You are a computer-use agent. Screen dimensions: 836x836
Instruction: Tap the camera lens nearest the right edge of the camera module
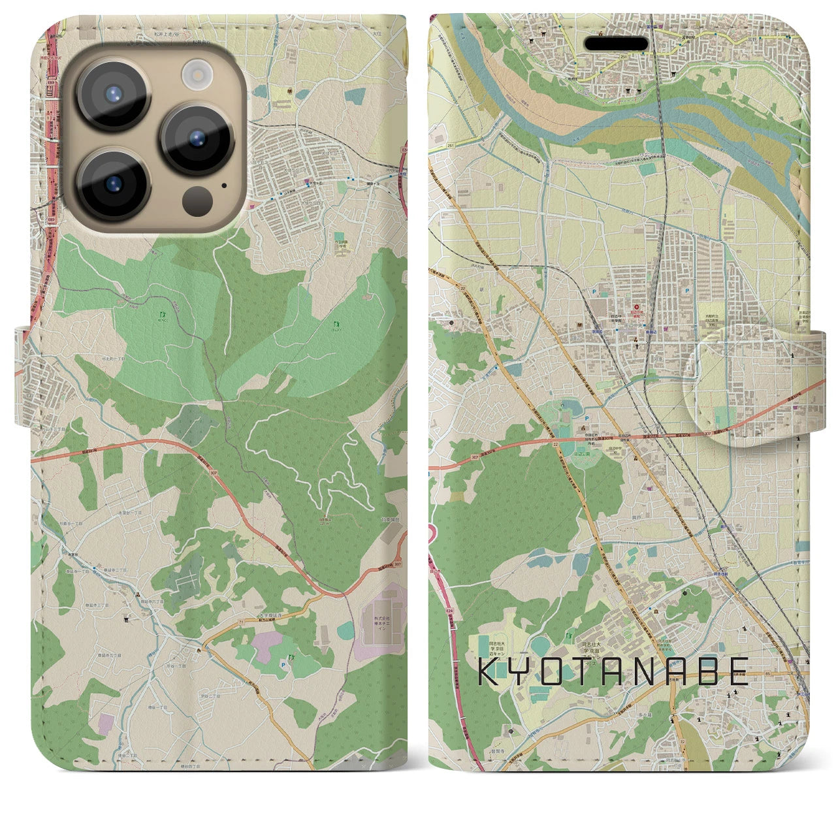(x=196, y=138)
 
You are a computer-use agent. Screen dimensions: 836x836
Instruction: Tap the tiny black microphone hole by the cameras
(x=225, y=185)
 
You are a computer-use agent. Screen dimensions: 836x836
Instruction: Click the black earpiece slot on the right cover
(x=616, y=44)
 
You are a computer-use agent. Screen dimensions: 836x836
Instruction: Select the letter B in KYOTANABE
(x=709, y=671)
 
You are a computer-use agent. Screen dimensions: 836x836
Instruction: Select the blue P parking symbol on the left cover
(x=282, y=663)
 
